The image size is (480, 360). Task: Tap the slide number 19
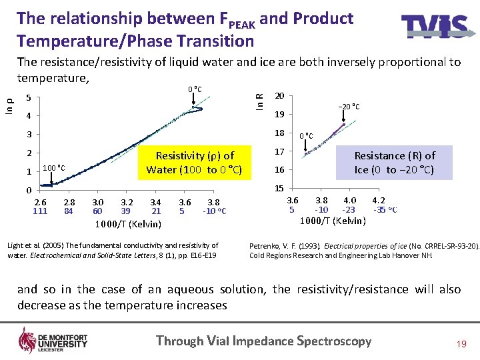461,343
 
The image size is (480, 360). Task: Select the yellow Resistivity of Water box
195,162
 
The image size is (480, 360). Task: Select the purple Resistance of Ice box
395,162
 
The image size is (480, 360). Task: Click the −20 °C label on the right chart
348,107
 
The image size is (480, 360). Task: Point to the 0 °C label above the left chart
195,90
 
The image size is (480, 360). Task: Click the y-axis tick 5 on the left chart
28,99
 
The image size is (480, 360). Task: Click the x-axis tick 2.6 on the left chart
40,202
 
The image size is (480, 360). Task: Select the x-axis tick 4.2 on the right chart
378,200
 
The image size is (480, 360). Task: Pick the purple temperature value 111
40,211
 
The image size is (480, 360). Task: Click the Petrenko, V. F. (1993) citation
363,250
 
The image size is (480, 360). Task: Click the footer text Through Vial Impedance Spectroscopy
263,341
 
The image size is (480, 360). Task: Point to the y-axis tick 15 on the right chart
280,189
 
